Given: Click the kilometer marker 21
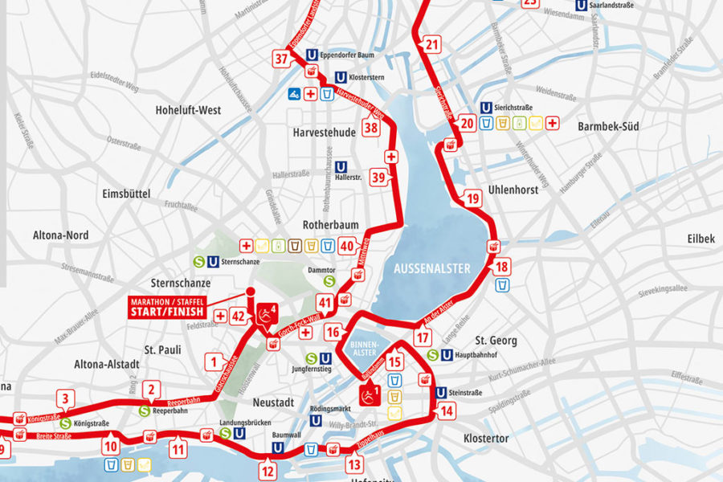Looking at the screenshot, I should [433, 45].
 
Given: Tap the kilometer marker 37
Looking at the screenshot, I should [281, 59].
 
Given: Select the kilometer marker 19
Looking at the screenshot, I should [472, 198].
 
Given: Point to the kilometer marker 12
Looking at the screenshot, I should [268, 471].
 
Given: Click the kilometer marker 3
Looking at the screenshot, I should [67, 397].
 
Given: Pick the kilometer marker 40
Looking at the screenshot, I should [346, 246].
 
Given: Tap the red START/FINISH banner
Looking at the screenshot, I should [167, 307].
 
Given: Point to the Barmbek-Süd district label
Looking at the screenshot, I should [607, 127].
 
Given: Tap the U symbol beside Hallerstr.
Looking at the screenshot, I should [342, 166].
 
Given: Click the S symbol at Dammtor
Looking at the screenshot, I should [329, 281].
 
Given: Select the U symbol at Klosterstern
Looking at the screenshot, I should [341, 79].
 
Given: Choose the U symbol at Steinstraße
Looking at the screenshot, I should [441, 393].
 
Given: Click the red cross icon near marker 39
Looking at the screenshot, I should [391, 156].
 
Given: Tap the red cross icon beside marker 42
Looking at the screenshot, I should [221, 316].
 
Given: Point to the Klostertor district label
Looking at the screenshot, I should [486, 439].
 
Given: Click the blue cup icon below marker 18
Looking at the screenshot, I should [502, 285].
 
